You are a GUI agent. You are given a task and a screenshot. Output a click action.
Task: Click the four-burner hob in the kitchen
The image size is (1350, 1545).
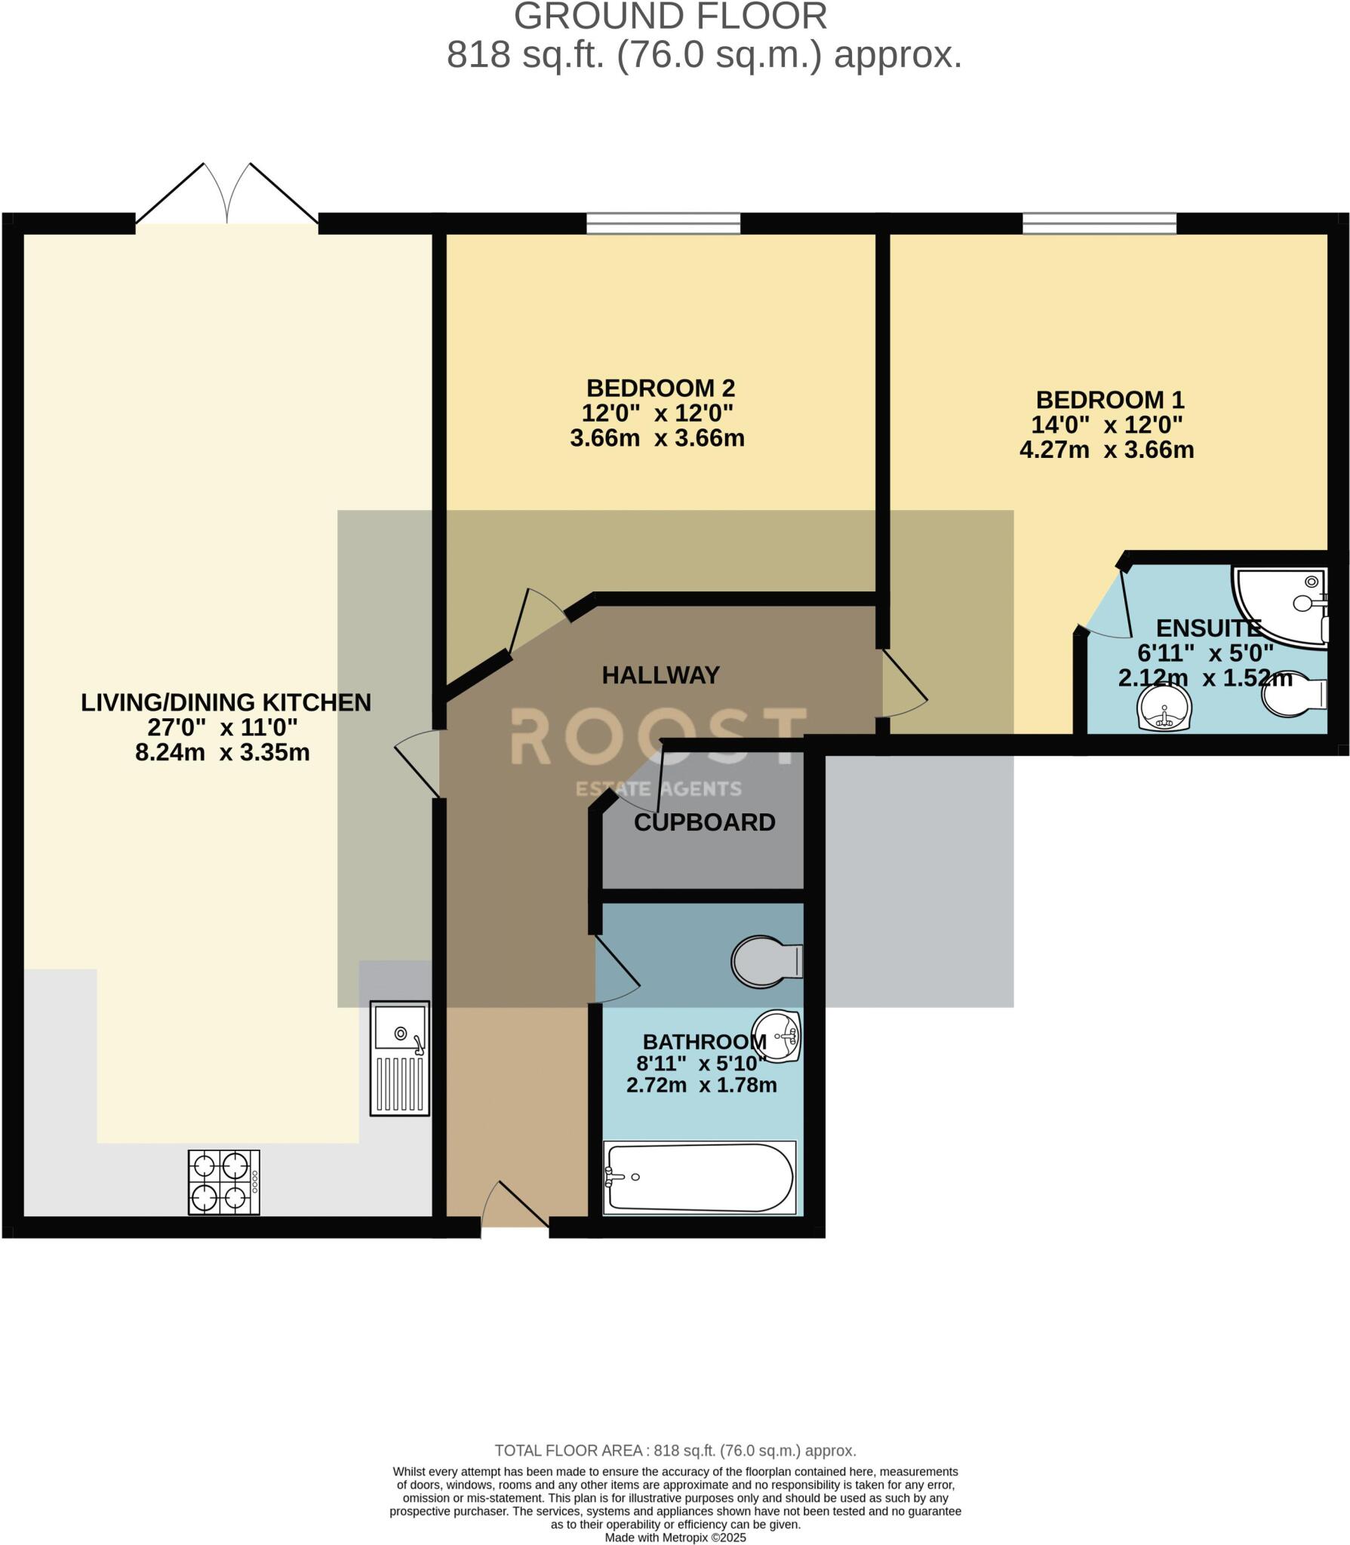(x=223, y=1182)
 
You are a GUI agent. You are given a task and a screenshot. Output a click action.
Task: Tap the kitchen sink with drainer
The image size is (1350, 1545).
(x=399, y=1058)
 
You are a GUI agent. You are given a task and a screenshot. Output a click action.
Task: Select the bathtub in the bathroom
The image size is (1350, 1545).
(x=700, y=1178)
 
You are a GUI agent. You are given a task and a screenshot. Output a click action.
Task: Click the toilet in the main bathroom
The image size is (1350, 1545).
(x=765, y=962)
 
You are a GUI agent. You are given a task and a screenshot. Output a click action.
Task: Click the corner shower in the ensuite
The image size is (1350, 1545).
(x=1281, y=606)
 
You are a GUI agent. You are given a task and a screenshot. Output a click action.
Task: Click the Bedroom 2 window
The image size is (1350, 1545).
(x=663, y=223)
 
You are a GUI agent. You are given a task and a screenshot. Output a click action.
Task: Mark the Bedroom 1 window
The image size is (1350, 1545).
(x=1099, y=223)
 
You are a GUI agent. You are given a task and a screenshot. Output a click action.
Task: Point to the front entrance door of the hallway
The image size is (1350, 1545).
(x=515, y=1211)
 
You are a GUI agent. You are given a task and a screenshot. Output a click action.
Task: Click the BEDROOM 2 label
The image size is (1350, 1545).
(x=660, y=389)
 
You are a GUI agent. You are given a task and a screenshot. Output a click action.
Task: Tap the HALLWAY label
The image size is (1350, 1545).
(x=660, y=675)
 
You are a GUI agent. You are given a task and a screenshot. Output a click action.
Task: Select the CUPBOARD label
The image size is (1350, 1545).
(x=704, y=822)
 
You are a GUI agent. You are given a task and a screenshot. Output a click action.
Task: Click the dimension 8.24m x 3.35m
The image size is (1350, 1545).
(x=223, y=753)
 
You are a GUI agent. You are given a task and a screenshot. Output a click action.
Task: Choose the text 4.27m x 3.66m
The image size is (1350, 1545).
(x=1106, y=450)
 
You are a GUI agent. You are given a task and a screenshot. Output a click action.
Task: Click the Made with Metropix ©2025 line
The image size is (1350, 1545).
(x=675, y=1537)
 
